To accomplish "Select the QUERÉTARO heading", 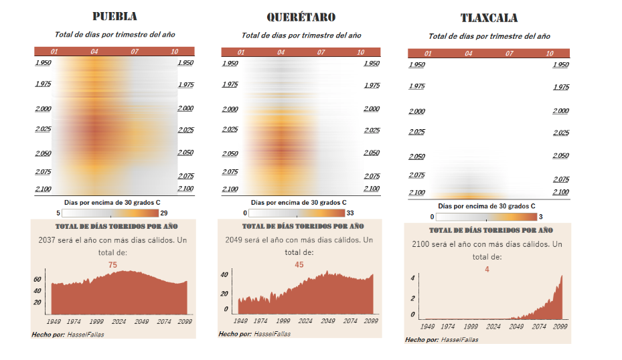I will coord(301,17).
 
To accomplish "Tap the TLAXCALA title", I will coord(489,18).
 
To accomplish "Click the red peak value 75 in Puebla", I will coord(112,265).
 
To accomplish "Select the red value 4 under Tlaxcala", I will coord(487,269).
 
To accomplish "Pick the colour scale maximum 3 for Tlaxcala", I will coord(542,217).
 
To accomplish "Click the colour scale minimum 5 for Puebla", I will coord(58,213).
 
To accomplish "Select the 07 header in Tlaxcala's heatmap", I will coord(510,54).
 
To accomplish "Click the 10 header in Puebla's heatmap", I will coord(175,52).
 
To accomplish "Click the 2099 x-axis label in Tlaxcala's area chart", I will coord(560,327).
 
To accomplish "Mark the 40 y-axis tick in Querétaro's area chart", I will coord(225,274).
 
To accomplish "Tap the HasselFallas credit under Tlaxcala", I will coord(459,340).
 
